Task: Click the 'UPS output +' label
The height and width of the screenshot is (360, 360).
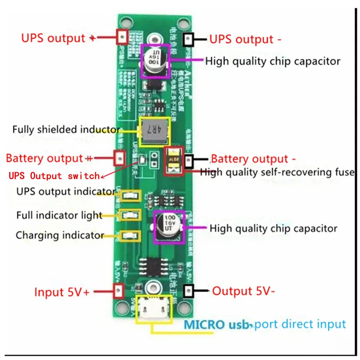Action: pos(58,38)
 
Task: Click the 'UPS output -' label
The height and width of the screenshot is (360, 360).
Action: pos(246,39)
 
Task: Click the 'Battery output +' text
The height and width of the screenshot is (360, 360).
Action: pos(49,158)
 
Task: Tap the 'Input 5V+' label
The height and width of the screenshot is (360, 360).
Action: pos(62,292)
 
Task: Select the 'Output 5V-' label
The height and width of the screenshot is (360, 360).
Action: pos(243,291)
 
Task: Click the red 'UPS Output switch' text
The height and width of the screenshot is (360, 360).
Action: pos(54,175)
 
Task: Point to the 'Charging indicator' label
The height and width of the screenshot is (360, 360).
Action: pos(60,235)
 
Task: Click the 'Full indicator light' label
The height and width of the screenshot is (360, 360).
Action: pos(59,215)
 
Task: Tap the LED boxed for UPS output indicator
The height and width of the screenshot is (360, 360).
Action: pos(130,196)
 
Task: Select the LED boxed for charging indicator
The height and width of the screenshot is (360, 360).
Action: pos(130,235)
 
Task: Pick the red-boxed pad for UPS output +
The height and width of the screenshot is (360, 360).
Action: pos(121,36)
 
